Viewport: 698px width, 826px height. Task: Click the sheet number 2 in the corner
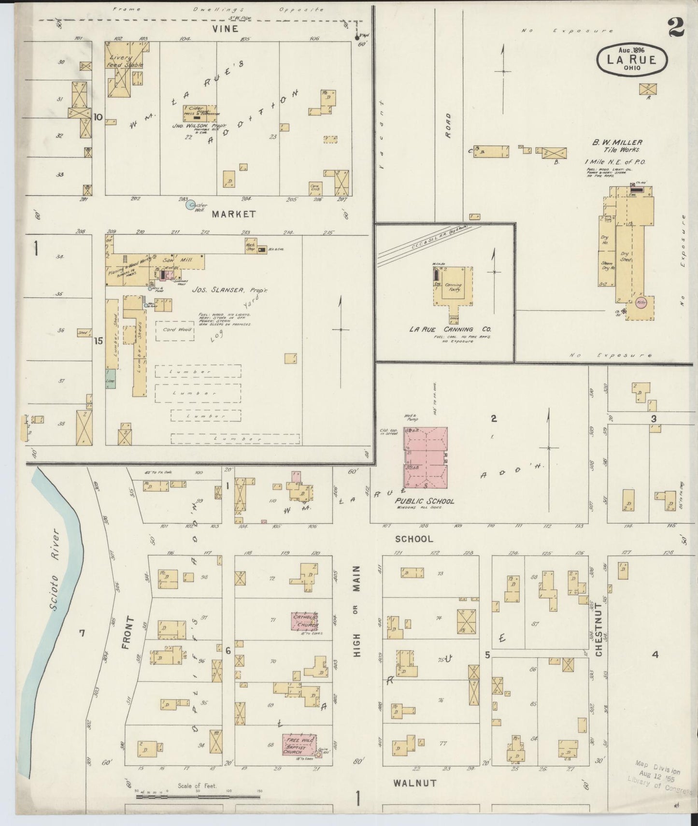[677, 28]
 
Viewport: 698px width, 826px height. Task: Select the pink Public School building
[426, 457]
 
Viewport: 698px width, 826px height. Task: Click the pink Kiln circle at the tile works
[641, 303]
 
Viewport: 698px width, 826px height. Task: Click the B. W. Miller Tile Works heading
[617, 146]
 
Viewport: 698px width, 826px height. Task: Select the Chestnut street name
[598, 629]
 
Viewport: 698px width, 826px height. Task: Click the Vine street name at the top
[225, 29]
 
